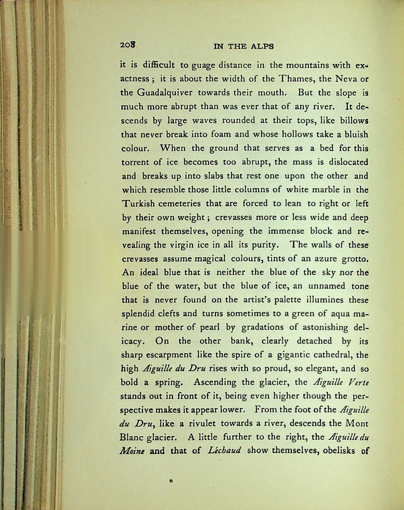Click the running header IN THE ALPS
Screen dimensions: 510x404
click(x=244, y=47)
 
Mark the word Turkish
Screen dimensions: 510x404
click(x=138, y=204)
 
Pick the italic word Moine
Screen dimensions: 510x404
click(x=132, y=451)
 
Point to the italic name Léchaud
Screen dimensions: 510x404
click(x=224, y=450)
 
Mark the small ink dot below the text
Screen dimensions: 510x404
click(x=171, y=481)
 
